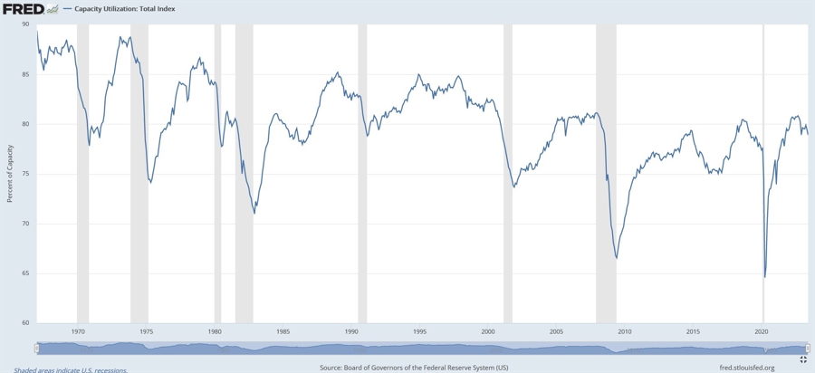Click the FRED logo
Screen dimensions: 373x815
click(x=23, y=9)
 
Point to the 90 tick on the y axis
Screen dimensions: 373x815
click(x=25, y=24)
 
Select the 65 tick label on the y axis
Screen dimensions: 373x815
click(x=25, y=273)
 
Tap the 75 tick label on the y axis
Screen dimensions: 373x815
click(x=25, y=174)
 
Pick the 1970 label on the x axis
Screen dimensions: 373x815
click(x=78, y=332)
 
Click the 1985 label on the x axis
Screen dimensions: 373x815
click(x=283, y=332)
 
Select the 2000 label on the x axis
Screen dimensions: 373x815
click(x=488, y=332)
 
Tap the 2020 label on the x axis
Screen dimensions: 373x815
click(x=762, y=332)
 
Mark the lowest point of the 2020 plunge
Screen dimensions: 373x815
click(x=764, y=277)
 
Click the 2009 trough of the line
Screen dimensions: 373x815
click(x=617, y=259)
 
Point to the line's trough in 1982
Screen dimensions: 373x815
click(x=254, y=213)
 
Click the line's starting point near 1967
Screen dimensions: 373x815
click(x=36, y=32)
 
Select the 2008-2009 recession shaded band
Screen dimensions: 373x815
click(x=606, y=172)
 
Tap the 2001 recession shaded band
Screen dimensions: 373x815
click(x=508, y=172)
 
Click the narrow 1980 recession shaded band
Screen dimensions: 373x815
click(x=217, y=172)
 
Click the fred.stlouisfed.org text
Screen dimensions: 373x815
click(x=746, y=368)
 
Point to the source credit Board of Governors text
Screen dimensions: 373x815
click(x=414, y=368)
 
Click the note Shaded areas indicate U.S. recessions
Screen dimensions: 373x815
click(x=71, y=369)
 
